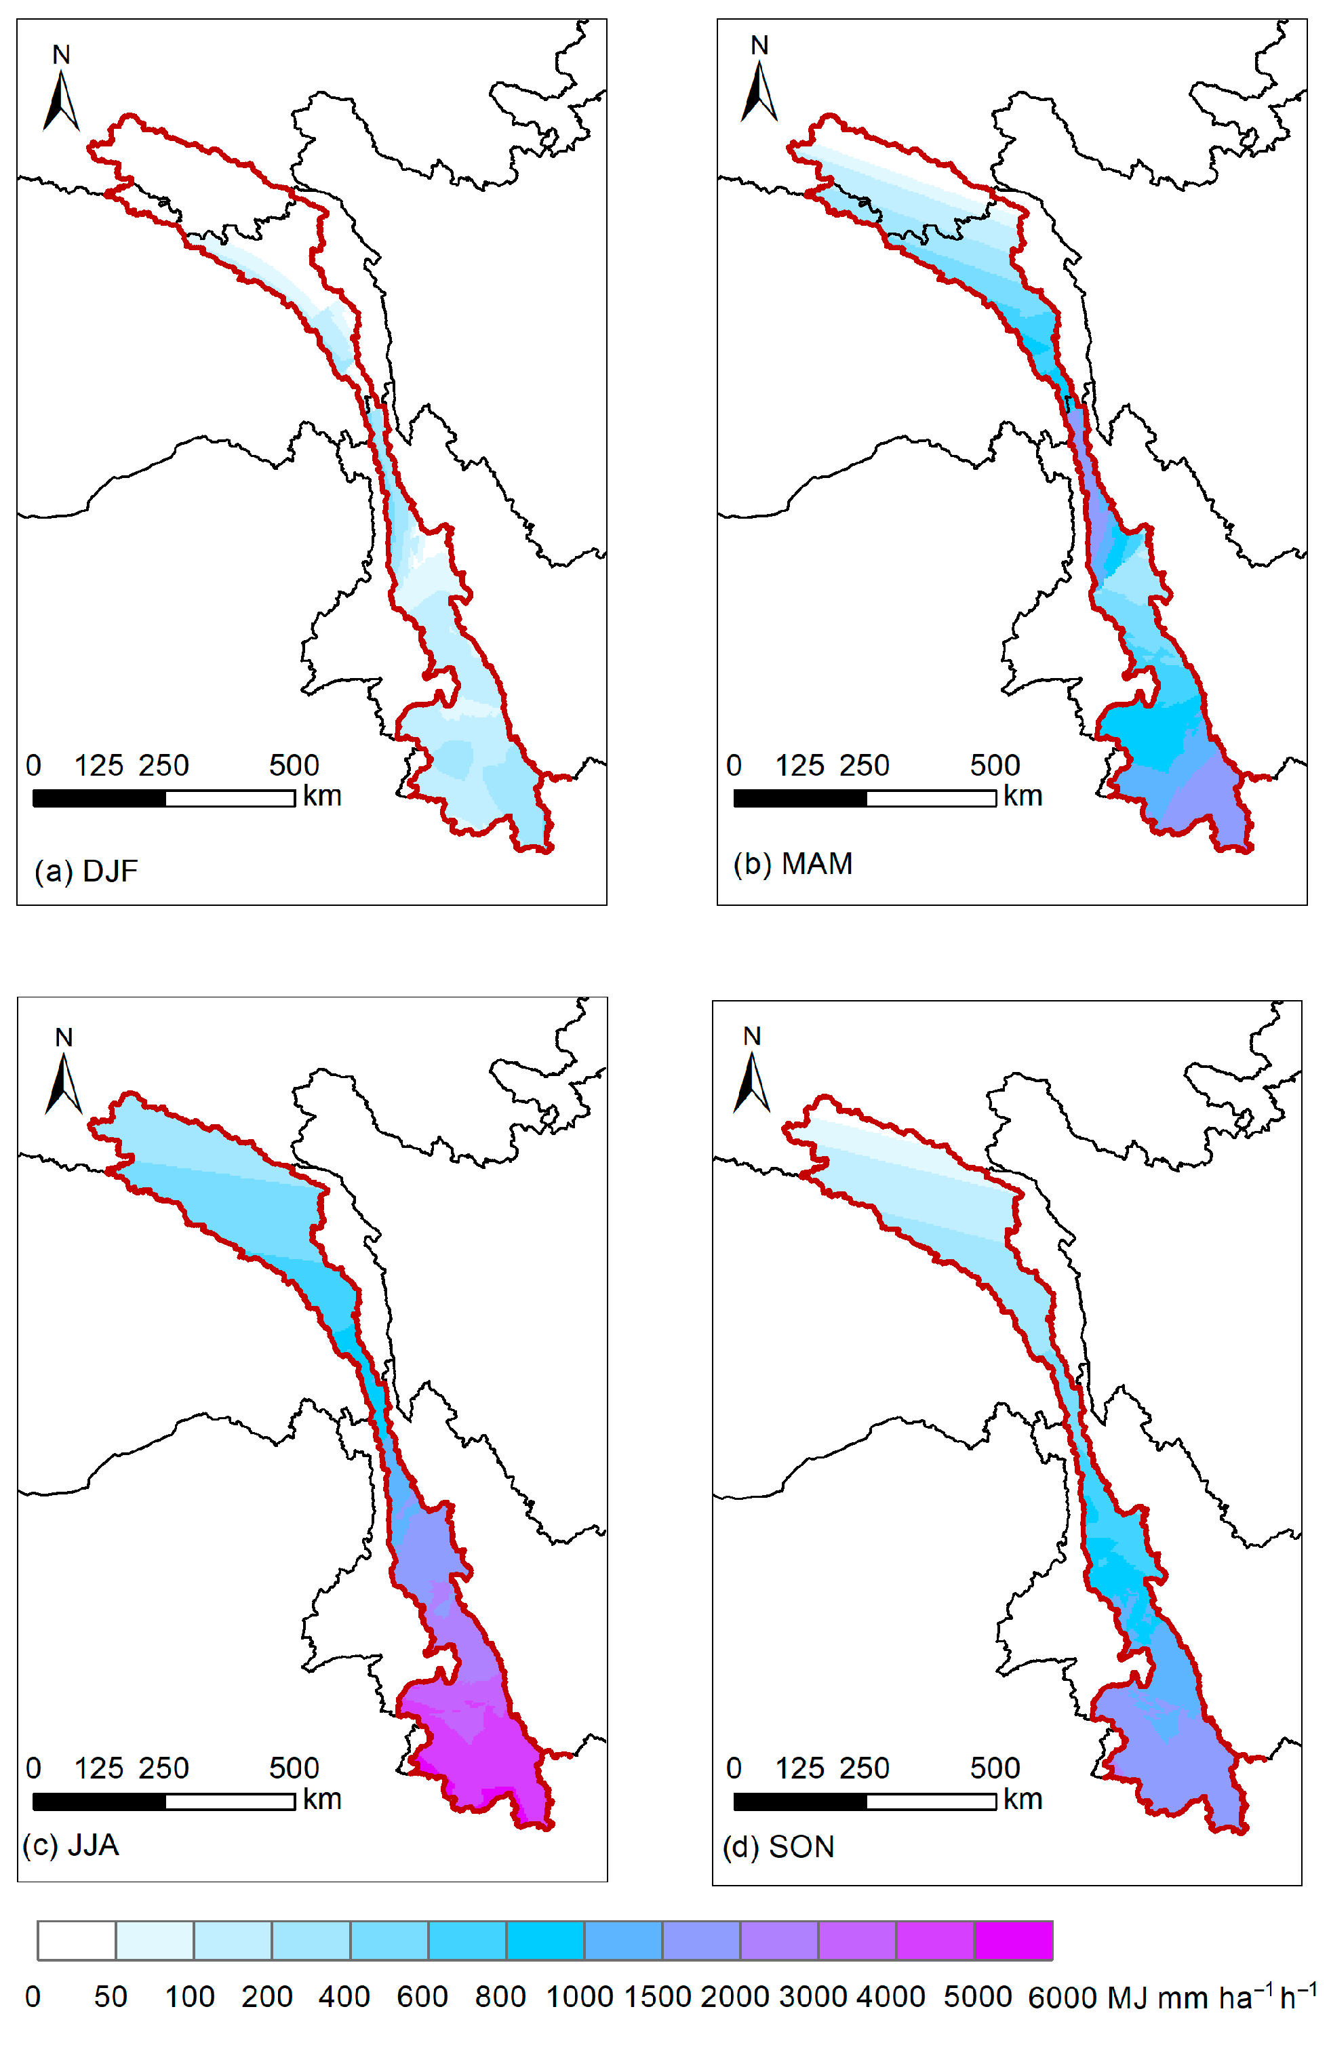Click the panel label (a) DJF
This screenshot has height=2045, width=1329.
click(x=86, y=871)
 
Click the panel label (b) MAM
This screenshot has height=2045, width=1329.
click(x=793, y=864)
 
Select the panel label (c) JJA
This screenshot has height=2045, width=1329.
click(x=71, y=1845)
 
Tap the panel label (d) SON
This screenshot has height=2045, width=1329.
click(x=778, y=1846)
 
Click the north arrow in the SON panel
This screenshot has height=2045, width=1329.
click(x=752, y=1083)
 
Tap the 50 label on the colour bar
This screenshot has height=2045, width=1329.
click(x=111, y=1997)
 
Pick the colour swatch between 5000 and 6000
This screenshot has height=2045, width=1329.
click(x=1014, y=1940)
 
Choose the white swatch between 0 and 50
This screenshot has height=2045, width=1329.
click(x=77, y=1940)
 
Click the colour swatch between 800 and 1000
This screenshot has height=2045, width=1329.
click(x=546, y=1940)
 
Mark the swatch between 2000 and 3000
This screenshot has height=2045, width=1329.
click(x=779, y=1940)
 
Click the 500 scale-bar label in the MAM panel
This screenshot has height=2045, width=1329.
click(x=995, y=766)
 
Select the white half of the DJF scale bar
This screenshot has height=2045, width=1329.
click(x=231, y=798)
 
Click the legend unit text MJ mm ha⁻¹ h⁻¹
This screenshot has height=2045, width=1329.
click(x=1211, y=1997)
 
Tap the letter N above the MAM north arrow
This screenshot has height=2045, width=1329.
click(x=759, y=45)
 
